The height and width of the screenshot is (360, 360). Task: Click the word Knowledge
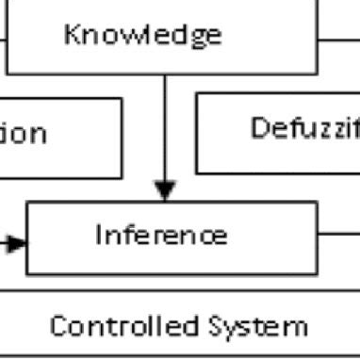point(143,35)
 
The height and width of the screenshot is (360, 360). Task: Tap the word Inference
point(160,234)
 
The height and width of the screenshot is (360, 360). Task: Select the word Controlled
point(123,327)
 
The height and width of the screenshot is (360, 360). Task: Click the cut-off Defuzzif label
point(304,128)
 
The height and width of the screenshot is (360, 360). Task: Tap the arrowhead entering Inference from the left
point(17,243)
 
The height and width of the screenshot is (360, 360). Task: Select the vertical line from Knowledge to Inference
point(165,132)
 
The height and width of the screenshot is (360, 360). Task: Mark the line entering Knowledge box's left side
point(3,40)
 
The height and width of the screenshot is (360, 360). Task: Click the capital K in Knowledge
point(72,35)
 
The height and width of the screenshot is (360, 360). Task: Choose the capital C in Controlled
point(58,327)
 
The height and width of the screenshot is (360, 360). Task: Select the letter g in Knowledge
point(196,39)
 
